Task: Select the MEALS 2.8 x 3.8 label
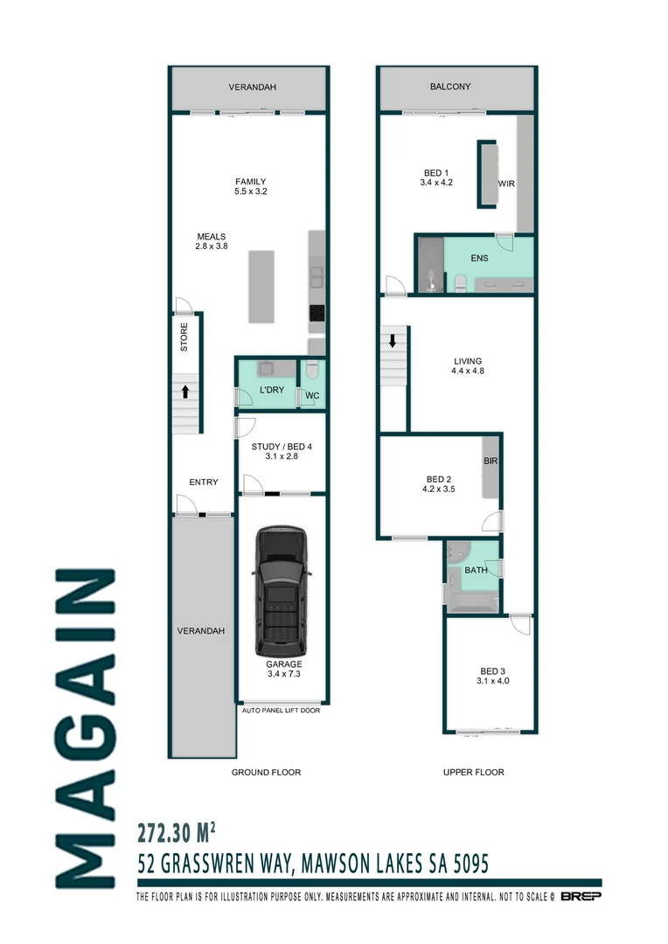[x=211, y=241]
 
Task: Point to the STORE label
[x=184, y=337]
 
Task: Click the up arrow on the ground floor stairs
[x=185, y=390]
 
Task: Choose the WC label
[x=311, y=396]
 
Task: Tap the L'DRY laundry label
[x=271, y=390]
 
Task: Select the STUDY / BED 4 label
[x=282, y=451]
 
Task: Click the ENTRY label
[x=203, y=482]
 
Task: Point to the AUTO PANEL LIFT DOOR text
[x=281, y=711]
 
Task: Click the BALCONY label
[x=450, y=87]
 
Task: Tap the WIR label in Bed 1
[x=506, y=184]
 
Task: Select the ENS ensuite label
[x=479, y=259]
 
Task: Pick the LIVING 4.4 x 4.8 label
[x=467, y=365]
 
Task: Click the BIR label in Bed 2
[x=491, y=460]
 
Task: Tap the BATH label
[x=476, y=570]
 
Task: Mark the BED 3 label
[x=492, y=675]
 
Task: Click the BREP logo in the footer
[x=580, y=897]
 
